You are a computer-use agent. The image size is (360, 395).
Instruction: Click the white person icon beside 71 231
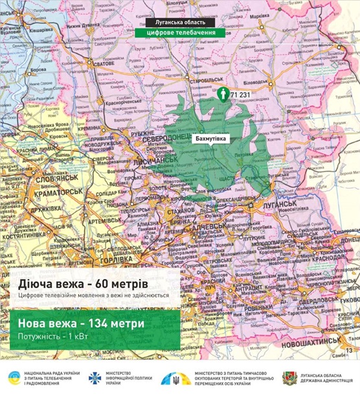[x=223, y=95]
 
